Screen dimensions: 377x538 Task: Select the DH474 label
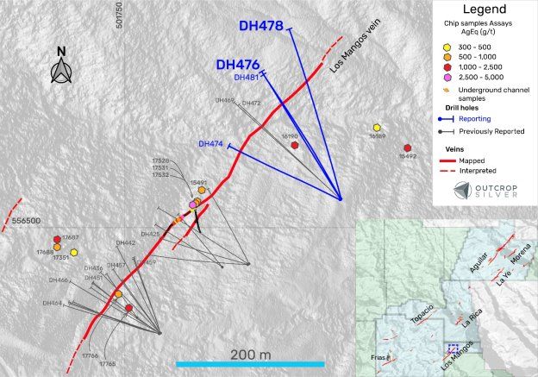coord(211,143)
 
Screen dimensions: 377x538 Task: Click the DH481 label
coord(247,78)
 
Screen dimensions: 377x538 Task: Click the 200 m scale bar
coord(250,363)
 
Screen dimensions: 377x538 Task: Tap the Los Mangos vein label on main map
coord(348,61)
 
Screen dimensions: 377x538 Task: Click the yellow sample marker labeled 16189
coord(376,128)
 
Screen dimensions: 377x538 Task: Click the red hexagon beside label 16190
coord(295,146)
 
